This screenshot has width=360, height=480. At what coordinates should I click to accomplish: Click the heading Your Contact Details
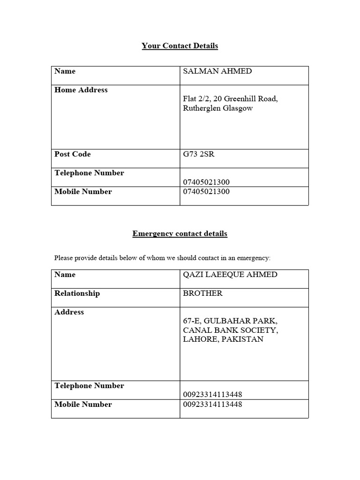point(180,46)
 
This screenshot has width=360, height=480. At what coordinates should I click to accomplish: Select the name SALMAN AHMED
point(217,71)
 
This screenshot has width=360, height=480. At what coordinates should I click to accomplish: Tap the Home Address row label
point(81,90)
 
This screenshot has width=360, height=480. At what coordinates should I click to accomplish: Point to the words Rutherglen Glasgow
point(217,108)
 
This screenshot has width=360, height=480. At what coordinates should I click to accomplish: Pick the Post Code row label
point(72,154)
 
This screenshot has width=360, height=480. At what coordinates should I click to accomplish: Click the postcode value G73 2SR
point(198,154)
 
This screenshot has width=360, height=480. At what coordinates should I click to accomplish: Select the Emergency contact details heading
point(180,233)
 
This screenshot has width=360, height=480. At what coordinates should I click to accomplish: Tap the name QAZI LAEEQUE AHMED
point(230,275)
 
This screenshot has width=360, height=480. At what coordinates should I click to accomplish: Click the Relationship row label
point(77,293)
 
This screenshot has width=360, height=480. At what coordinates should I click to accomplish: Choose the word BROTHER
point(202,293)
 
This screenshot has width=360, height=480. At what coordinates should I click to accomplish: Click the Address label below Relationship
point(69,312)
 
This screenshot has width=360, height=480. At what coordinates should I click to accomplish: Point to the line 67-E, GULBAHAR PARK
point(230,321)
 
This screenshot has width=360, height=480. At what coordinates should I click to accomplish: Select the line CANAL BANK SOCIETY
point(230,330)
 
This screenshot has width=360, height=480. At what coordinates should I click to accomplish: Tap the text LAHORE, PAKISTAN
point(223,339)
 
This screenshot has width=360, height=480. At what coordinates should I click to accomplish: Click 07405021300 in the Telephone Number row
point(206,182)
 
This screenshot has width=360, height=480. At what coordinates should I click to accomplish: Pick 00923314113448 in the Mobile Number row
point(212,404)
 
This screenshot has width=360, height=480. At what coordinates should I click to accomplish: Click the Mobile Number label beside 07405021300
point(83,192)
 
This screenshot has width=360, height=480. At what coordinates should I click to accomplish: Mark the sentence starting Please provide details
point(162,258)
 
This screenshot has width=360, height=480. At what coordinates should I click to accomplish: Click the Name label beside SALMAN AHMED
point(65,71)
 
